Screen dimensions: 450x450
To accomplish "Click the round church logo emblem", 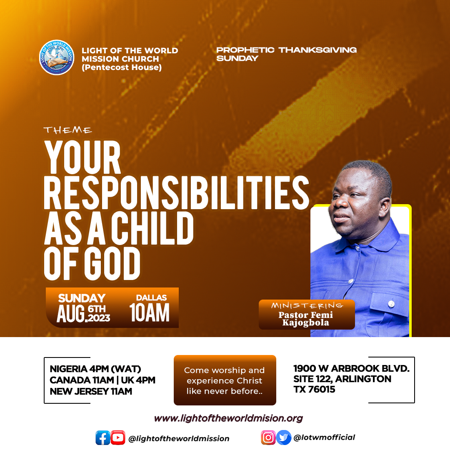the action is point(57,57).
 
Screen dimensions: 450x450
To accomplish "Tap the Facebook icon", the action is point(103,437).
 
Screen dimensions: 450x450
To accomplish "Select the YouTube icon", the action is point(118,437).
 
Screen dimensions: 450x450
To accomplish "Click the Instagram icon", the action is point(268,437).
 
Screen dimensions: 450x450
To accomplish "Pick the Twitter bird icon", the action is point(284,437).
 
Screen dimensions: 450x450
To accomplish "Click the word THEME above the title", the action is point(68,130).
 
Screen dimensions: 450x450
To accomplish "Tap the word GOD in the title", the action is point(114,264).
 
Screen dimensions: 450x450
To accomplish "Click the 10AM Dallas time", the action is point(150,313).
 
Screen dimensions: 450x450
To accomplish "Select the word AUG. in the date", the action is point(72,314).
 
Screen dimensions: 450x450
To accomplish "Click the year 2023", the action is point(99,318).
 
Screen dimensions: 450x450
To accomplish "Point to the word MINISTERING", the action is point(307,305).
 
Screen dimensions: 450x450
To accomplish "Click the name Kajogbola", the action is point(306,322).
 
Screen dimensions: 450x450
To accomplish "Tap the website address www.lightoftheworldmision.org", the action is point(228,418).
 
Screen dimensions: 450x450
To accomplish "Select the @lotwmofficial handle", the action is point(324,437).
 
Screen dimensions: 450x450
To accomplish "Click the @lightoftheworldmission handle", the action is point(179,438).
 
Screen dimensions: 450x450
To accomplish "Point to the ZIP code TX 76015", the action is point(314,390).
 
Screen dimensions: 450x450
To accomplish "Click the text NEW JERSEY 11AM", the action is point(91,391).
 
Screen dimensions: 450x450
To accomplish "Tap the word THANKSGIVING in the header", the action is point(317,50).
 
